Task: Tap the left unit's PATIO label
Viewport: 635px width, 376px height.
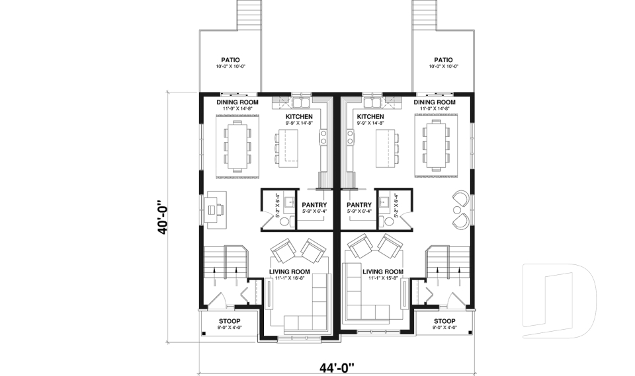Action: (231, 59)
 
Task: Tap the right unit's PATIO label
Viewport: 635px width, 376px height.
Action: (443, 59)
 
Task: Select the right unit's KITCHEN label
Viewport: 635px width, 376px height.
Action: (370, 116)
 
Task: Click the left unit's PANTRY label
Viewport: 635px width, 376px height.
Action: (314, 205)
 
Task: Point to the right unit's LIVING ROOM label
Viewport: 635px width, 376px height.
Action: (382, 272)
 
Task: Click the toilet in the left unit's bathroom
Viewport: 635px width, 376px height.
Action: (267, 222)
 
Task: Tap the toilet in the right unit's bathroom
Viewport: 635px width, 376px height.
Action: (388, 222)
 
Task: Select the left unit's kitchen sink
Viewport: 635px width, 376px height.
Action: (301, 103)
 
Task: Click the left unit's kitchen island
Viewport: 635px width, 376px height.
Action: (287, 147)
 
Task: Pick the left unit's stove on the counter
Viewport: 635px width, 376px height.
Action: (324, 137)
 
